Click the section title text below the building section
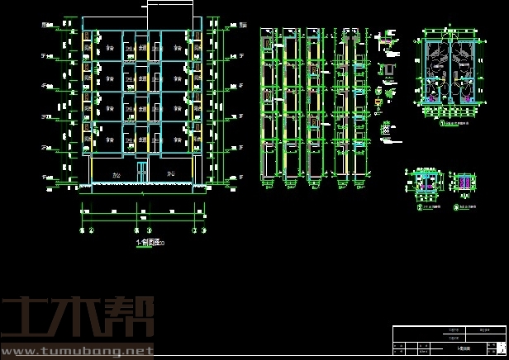[149, 243]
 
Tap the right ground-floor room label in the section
[171, 173]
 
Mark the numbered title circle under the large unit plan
[443, 124]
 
